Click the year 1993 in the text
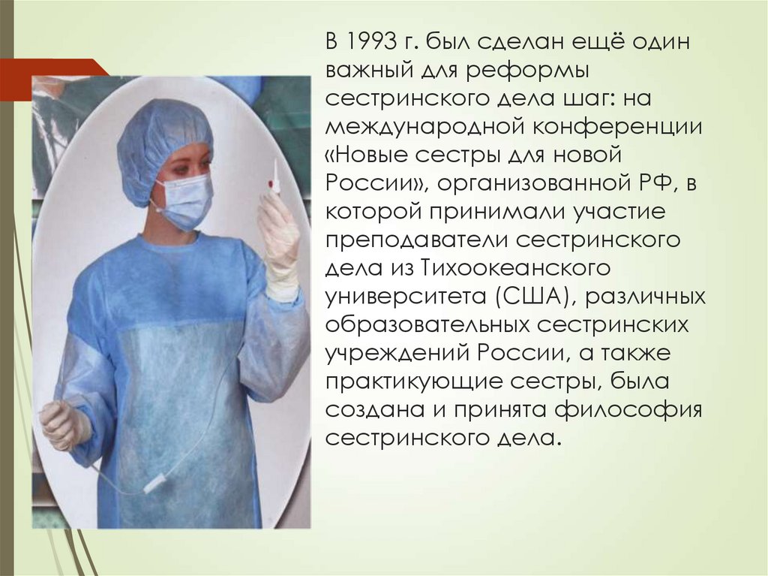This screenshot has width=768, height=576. [368, 42]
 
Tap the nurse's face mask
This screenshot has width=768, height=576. [184, 197]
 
